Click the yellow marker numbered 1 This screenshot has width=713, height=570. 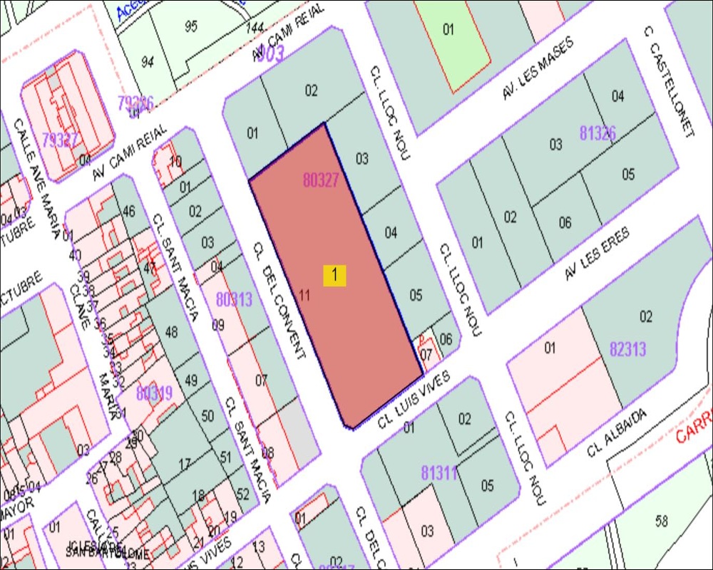(x=334, y=276)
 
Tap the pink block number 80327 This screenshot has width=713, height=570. (x=320, y=180)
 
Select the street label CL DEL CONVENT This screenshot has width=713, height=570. (x=279, y=299)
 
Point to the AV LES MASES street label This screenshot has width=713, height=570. (x=537, y=78)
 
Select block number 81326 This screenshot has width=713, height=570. (x=597, y=133)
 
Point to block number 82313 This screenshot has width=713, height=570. (x=628, y=348)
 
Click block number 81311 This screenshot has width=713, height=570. (x=438, y=472)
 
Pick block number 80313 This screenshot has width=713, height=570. (x=234, y=299)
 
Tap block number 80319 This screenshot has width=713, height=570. (x=154, y=393)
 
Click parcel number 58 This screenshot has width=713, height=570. (x=662, y=521)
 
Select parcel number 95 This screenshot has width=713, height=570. (x=190, y=26)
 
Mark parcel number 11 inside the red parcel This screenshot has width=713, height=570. (x=304, y=295)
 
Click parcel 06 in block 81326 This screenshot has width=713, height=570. (x=565, y=223)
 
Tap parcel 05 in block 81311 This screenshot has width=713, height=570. (x=487, y=486)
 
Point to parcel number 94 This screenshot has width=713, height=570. (x=148, y=62)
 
